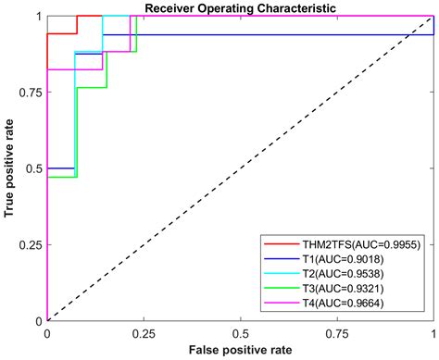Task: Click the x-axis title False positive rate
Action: pyautogui.click(x=240, y=351)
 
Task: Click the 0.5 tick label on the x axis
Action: pyautogui.click(x=240, y=333)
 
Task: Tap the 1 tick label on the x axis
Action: pyautogui.click(x=433, y=333)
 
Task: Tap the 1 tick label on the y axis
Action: pyautogui.click(x=39, y=17)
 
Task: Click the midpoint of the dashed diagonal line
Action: pyautogui.click(x=240, y=168)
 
